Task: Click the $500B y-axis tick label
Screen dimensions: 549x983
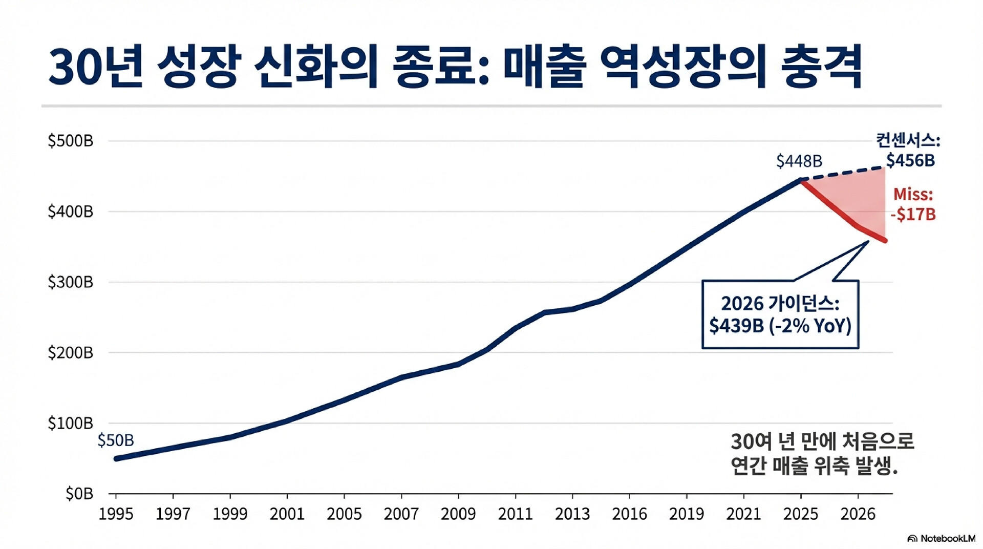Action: pos(71,141)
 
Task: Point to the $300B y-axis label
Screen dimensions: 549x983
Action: pos(71,282)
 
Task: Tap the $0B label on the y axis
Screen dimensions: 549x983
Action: pos(79,494)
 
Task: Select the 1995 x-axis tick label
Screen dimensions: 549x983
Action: pos(116,514)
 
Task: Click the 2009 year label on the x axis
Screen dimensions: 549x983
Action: pos(458,514)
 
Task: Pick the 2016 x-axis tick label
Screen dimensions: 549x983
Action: pos(629,514)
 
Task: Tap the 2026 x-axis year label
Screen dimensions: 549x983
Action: pos(858,514)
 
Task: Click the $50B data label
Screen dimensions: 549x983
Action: pos(116,440)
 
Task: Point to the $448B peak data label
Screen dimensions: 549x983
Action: pos(799,161)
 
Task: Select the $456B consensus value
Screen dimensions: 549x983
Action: pos(910,161)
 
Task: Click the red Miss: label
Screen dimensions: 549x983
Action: pos(913,195)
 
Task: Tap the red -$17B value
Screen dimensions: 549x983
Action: pos(913,214)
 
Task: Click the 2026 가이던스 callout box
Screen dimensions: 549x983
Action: pos(780,314)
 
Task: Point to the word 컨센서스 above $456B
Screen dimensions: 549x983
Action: pos(907,140)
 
